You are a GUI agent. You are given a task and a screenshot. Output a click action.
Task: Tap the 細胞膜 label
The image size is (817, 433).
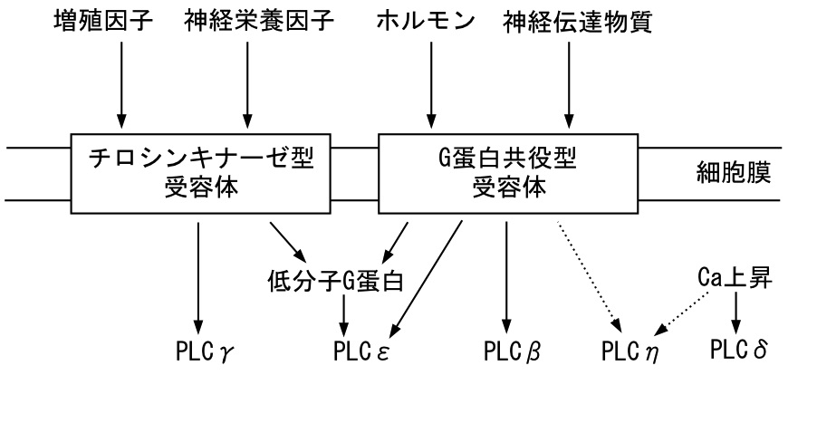pos(735,172)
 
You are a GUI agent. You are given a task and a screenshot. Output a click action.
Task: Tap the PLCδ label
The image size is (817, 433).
pos(739,349)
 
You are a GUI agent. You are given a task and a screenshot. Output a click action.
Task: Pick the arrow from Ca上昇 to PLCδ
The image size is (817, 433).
pos(736,313)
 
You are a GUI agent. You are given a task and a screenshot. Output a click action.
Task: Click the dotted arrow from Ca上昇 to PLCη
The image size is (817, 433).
pos(680,308)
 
